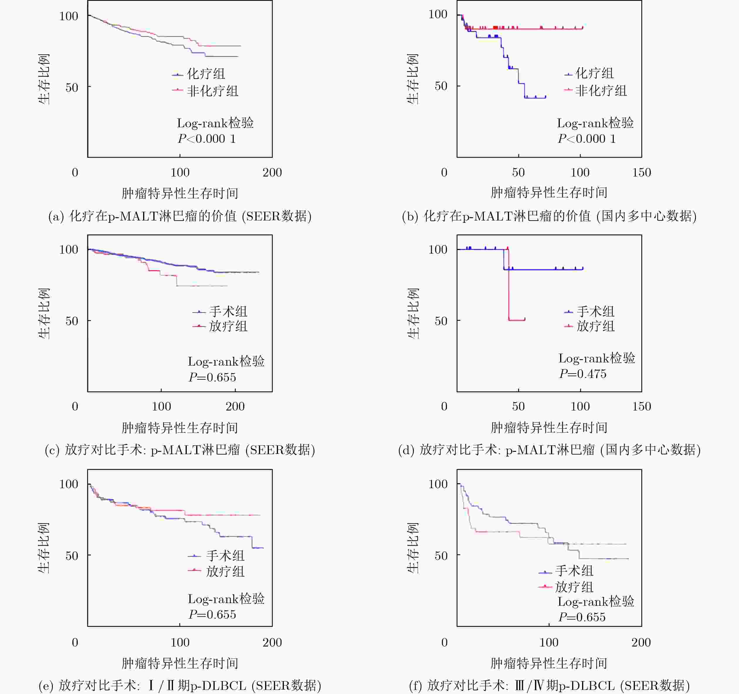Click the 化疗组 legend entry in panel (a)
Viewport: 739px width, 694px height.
click(206, 74)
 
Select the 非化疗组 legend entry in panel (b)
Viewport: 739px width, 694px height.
click(601, 91)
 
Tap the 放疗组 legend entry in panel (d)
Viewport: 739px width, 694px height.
click(595, 326)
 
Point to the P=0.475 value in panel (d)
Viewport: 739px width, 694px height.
click(582, 374)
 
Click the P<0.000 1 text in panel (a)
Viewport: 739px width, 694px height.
click(207, 139)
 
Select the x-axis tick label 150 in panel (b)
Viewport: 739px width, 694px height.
click(642, 172)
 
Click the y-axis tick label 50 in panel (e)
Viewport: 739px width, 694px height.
click(72, 556)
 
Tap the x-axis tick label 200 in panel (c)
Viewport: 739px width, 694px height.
click(235, 406)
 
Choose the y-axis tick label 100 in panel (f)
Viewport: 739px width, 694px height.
click(438, 484)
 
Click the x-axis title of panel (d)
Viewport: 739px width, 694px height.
click(549, 427)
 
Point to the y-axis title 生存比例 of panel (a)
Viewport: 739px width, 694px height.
click(44, 79)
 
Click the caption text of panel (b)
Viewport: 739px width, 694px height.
click(549, 216)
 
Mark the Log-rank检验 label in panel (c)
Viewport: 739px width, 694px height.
click(226, 361)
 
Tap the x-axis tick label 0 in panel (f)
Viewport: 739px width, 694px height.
click(444, 642)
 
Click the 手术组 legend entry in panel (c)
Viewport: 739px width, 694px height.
click(228, 311)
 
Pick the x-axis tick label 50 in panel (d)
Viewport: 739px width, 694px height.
click(518, 406)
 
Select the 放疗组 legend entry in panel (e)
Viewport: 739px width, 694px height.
click(225, 571)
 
